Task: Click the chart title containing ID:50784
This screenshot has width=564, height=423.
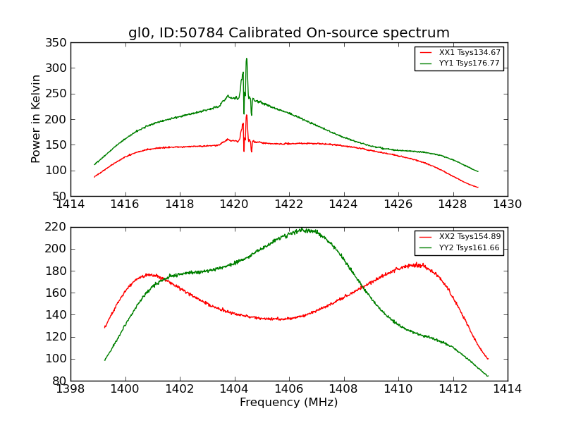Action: (x=289, y=33)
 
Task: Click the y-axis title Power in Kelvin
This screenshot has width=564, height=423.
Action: (x=36, y=119)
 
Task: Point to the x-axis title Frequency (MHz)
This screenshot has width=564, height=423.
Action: (x=289, y=403)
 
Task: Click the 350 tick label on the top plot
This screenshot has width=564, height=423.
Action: (x=59, y=43)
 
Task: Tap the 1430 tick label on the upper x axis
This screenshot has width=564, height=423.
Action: (x=507, y=204)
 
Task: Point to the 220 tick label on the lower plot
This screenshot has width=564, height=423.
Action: (x=59, y=227)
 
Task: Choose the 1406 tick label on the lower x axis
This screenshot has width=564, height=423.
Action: (x=288, y=389)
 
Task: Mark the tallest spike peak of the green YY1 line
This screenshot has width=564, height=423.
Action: (x=246, y=59)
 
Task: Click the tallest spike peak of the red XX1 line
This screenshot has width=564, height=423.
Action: (x=246, y=115)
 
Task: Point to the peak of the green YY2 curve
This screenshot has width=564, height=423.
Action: (x=302, y=228)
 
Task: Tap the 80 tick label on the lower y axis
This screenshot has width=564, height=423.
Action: (x=61, y=381)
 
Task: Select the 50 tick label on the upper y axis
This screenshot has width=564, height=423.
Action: (x=61, y=196)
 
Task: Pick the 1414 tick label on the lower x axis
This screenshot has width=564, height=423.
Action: (x=507, y=389)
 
